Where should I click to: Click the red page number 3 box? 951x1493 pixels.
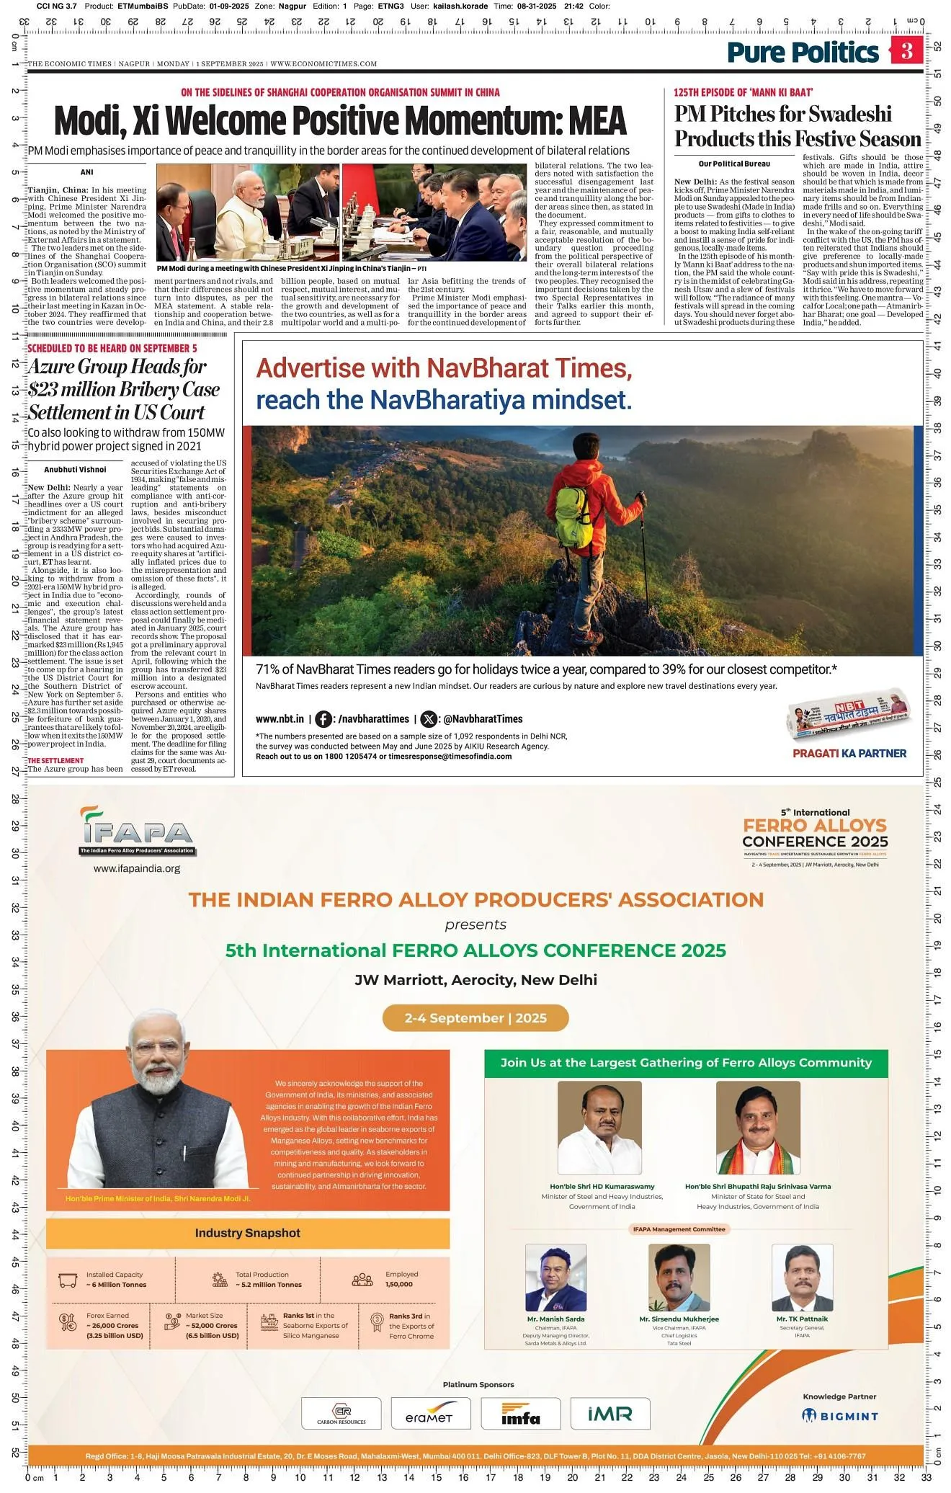[906, 51]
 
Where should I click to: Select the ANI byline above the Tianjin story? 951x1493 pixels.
[86, 172]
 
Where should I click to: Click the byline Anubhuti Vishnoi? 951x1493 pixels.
[75, 469]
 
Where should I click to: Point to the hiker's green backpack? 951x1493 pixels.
[574, 517]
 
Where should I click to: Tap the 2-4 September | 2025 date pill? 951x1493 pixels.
[475, 1017]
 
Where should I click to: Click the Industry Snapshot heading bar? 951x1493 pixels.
[248, 1233]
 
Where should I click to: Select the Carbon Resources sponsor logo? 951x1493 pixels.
[341, 1413]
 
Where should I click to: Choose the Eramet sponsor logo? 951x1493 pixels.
[430, 1413]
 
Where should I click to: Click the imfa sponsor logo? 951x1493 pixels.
[520, 1413]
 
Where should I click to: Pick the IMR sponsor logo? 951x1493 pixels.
[610, 1413]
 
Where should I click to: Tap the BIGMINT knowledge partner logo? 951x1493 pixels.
[840, 1415]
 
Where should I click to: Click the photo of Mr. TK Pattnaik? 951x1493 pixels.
[802, 1277]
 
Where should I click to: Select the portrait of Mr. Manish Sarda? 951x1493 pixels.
[555, 1277]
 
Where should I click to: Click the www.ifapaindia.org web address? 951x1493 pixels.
[137, 868]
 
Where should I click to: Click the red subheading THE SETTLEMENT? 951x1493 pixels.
[55, 760]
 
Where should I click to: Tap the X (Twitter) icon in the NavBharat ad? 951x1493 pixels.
[429, 718]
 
